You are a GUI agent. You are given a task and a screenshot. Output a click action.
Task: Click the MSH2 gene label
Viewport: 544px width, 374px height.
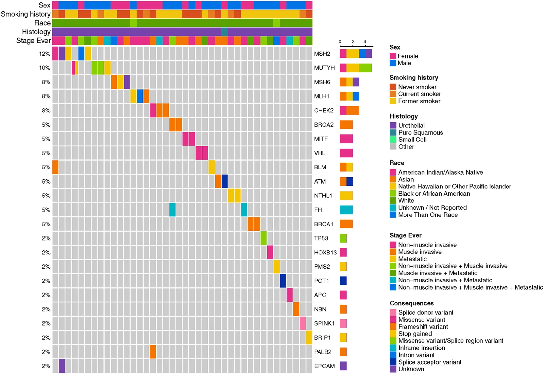(x=322, y=54)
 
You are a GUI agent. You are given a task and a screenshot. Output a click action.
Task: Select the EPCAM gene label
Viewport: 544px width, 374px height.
(x=324, y=366)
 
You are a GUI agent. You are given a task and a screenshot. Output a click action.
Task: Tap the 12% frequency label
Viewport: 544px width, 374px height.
(x=45, y=54)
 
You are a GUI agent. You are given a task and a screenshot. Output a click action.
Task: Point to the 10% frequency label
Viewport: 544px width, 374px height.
(x=45, y=68)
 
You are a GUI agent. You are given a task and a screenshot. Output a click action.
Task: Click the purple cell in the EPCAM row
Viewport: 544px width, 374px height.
(x=62, y=366)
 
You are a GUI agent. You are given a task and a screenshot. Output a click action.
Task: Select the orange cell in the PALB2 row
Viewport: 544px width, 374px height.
(x=153, y=352)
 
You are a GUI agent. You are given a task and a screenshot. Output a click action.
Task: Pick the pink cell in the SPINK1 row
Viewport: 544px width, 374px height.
(x=303, y=323)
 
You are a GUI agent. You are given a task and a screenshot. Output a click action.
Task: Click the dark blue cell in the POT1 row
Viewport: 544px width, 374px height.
(x=283, y=281)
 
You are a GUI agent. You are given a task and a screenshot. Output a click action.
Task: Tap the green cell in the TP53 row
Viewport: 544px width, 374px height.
(x=263, y=238)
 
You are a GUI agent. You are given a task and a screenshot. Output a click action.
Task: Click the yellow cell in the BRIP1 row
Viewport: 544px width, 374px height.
(x=309, y=337)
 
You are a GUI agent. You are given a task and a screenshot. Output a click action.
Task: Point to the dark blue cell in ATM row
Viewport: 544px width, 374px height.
(x=224, y=181)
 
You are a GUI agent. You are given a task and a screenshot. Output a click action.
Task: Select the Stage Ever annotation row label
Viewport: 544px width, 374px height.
(x=34, y=40)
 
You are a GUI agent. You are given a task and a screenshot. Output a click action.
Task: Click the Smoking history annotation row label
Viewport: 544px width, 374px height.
(x=26, y=14)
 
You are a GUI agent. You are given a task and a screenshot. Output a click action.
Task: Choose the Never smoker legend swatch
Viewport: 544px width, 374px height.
(x=393, y=87)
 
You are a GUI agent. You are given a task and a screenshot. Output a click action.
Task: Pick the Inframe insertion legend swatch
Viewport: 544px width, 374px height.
(x=393, y=348)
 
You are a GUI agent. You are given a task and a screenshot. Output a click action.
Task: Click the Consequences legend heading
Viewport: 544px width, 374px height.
(x=412, y=303)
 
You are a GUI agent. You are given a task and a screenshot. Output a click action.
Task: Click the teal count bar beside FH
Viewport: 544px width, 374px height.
(x=346, y=210)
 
